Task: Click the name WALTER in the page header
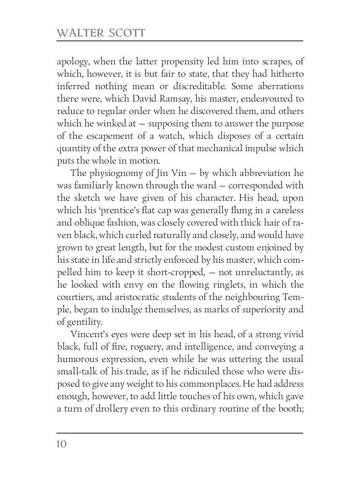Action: [80, 33]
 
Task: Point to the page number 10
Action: [62, 444]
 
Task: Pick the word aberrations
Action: [280, 86]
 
